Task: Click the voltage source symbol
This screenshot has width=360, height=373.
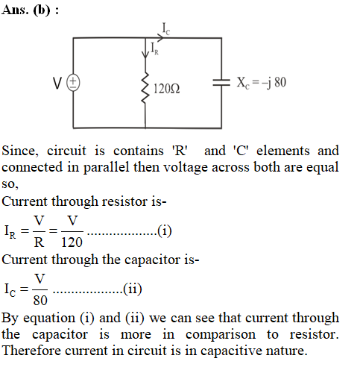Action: point(73,83)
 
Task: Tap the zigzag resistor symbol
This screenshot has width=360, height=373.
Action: point(145,87)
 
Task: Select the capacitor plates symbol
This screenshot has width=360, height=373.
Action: point(221,83)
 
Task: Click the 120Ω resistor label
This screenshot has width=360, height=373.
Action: point(167,89)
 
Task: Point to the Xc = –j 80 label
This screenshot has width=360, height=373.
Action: point(262,83)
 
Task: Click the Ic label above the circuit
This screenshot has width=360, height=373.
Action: point(166,28)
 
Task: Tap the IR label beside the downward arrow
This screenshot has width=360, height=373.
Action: point(154,48)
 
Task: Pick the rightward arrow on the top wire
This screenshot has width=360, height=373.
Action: point(159,38)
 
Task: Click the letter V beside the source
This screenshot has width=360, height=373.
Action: point(57,83)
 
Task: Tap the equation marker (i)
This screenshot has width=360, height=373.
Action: point(165,231)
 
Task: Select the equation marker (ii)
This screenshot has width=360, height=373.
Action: point(133,289)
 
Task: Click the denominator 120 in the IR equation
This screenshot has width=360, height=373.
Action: point(72,242)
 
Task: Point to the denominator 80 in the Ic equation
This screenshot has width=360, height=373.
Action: point(40,300)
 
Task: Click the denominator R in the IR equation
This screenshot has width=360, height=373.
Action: point(39,242)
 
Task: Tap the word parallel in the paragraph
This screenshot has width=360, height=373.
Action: point(106,167)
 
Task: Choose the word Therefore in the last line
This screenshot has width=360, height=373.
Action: point(31,351)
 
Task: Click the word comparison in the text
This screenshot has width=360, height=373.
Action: point(221,335)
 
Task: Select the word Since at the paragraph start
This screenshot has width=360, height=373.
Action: point(20,151)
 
